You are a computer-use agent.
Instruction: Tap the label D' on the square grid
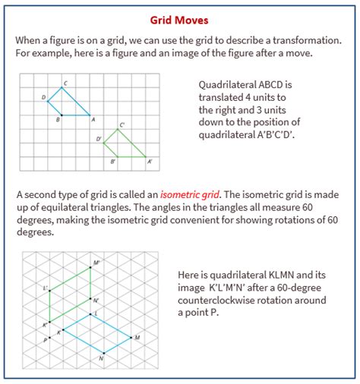[99, 140]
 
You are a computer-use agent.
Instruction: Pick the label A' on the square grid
[149, 162]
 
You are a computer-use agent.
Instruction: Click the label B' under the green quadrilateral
[113, 162]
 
